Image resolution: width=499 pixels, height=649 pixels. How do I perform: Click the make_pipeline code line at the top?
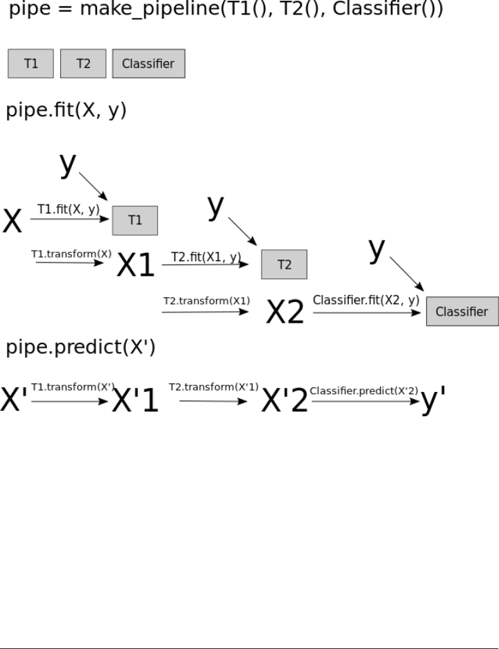point(226,11)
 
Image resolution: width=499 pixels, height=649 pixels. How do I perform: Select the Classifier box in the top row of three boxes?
point(148,64)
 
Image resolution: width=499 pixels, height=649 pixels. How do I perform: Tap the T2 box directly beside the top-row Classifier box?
point(83,64)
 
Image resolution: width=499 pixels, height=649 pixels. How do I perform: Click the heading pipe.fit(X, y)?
point(66,111)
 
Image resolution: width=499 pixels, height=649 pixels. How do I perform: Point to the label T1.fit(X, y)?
point(68,209)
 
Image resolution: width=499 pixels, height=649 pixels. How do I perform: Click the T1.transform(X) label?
point(71,254)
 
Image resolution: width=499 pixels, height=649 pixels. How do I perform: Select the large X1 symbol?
point(136,265)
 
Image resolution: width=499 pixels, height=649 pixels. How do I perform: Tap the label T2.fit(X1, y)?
point(206,258)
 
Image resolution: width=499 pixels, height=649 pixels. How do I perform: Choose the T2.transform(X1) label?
point(206,301)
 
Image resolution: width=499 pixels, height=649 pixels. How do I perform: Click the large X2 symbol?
point(285,313)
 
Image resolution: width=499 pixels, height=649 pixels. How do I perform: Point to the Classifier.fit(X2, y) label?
point(366,301)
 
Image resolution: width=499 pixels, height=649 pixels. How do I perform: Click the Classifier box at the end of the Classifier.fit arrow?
point(462,312)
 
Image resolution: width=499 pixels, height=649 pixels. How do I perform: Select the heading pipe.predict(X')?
point(81,348)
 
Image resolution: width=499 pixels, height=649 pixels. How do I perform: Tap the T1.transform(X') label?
point(73,387)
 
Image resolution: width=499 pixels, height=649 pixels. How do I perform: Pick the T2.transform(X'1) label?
point(213,387)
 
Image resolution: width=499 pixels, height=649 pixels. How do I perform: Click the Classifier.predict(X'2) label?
point(364,391)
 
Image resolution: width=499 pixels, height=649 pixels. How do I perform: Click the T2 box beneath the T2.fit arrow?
point(284,265)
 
